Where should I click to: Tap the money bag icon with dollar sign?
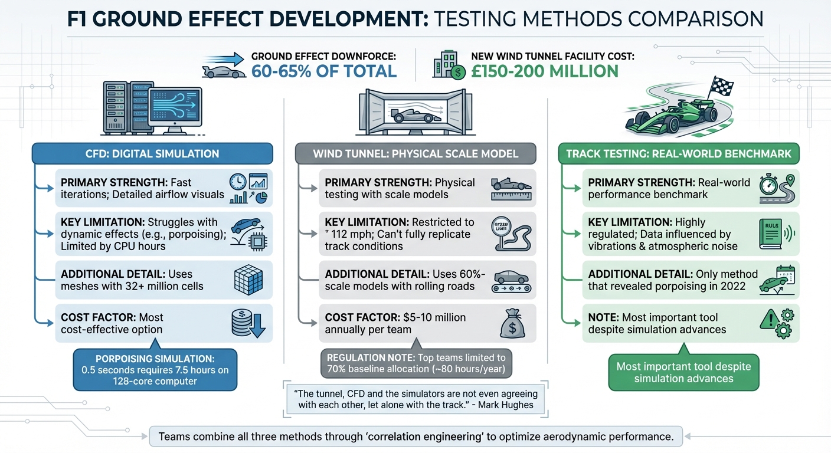(x=512, y=323)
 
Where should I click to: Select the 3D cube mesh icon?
(x=248, y=280)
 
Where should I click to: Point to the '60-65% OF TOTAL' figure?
(x=324, y=71)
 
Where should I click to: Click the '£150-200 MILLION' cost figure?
(x=544, y=71)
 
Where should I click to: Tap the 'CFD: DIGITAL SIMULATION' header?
(x=152, y=154)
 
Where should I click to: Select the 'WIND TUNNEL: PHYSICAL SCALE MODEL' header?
(x=415, y=154)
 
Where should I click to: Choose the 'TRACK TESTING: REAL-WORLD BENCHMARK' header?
(x=679, y=154)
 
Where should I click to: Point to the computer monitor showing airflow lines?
(x=175, y=109)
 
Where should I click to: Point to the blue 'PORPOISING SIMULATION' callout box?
(x=155, y=370)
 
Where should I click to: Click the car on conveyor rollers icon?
(x=512, y=280)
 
